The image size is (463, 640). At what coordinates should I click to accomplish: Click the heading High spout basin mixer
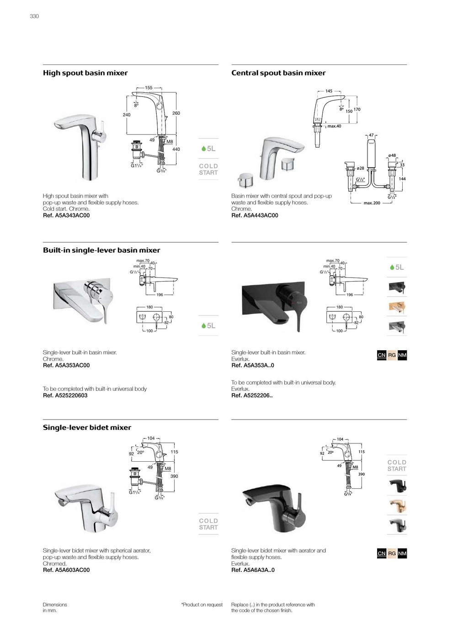point(85,73)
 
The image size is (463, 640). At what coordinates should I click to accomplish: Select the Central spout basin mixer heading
point(278,73)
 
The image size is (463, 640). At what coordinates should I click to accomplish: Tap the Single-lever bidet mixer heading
point(87,428)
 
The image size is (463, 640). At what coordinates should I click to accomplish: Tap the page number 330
point(34,16)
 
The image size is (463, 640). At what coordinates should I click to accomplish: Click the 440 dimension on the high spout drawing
point(176,149)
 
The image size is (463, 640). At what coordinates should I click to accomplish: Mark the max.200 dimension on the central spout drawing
point(372,203)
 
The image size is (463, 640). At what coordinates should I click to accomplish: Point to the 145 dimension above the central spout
point(329,91)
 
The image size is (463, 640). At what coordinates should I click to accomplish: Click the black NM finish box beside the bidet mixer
point(402,554)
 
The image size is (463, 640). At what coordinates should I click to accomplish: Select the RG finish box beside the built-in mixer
point(392,355)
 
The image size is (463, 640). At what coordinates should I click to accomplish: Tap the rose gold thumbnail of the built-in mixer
point(397,308)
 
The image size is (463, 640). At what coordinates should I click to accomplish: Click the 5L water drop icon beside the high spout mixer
point(208,149)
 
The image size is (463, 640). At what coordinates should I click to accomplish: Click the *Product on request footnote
point(202,605)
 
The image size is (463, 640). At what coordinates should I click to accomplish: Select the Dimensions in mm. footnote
point(55,608)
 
